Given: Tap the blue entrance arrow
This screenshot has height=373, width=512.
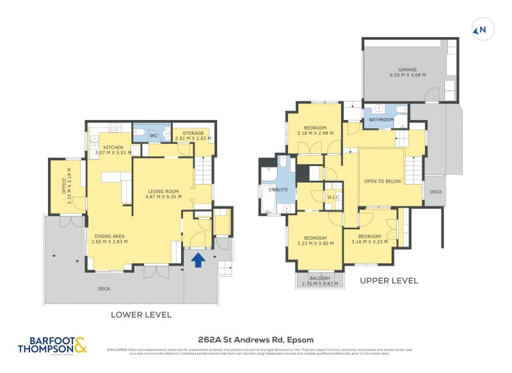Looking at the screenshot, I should pos(198,259).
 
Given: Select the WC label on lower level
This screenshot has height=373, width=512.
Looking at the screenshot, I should pos(154,135).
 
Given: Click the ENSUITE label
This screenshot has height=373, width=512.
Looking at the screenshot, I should pos(278,190).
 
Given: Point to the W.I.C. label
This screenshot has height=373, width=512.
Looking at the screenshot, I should pos(332,197).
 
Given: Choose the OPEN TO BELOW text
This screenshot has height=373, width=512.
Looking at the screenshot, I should pos(383,181).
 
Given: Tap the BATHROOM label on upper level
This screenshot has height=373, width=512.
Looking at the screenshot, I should pos(381,119).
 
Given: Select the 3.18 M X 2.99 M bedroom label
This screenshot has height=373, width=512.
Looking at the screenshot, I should pos(316,130).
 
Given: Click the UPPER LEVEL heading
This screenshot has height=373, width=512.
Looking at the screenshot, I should pos(388,280).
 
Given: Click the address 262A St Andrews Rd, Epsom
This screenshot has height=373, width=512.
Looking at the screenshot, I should pos(255,340).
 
